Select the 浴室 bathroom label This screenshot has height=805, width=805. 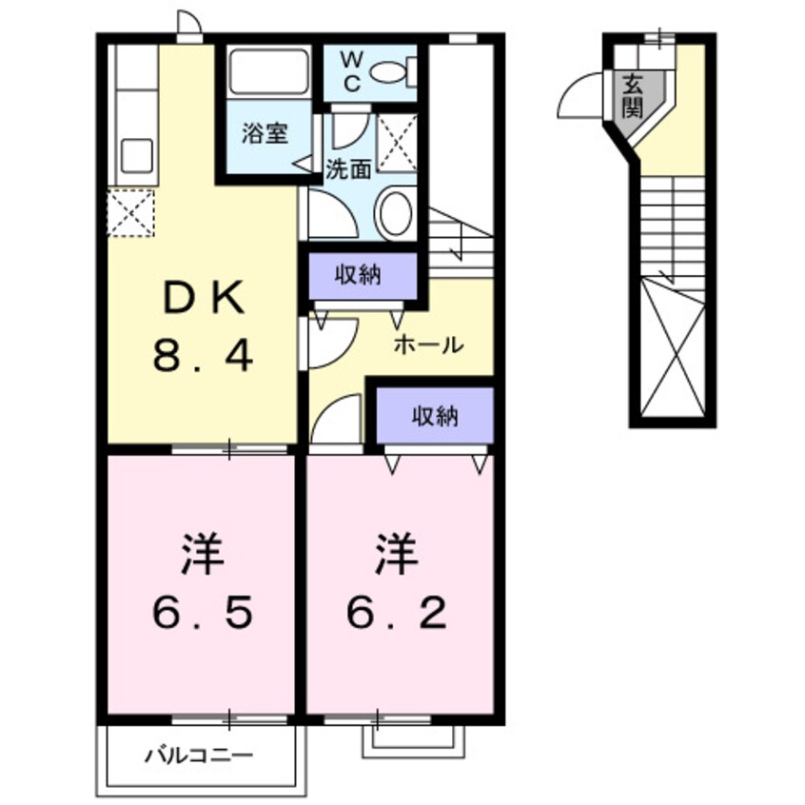coord(262,134)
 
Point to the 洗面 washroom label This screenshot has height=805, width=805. coord(347,170)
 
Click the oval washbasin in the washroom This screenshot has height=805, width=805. coord(394,212)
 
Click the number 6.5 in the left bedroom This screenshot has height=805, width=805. coord(203,614)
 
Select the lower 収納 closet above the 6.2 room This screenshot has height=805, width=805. coord(435,415)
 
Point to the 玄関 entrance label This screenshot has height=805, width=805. coord(632,95)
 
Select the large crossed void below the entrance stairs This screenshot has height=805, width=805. coord(673,347)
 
